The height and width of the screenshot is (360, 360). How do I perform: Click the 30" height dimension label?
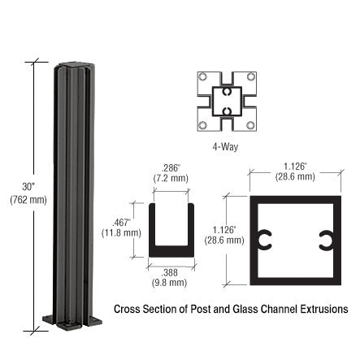pyautogui.click(x=28, y=186)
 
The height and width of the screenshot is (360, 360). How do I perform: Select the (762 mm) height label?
pyautogui.click(x=28, y=199)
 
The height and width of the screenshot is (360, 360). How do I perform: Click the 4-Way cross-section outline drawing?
pyautogui.click(x=226, y=102)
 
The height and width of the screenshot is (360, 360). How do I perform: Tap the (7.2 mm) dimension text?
pyautogui.click(x=171, y=177)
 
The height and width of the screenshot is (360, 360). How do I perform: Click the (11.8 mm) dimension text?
pyautogui.click(x=121, y=232)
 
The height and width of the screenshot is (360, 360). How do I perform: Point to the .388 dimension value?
pyautogui.click(x=170, y=272)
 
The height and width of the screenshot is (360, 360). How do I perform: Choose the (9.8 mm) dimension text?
pyautogui.click(x=170, y=283)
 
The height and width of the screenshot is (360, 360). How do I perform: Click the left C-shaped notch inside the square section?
pyautogui.click(x=264, y=240)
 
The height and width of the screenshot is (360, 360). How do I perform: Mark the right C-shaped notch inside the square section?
pyautogui.click(x=325, y=240)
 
